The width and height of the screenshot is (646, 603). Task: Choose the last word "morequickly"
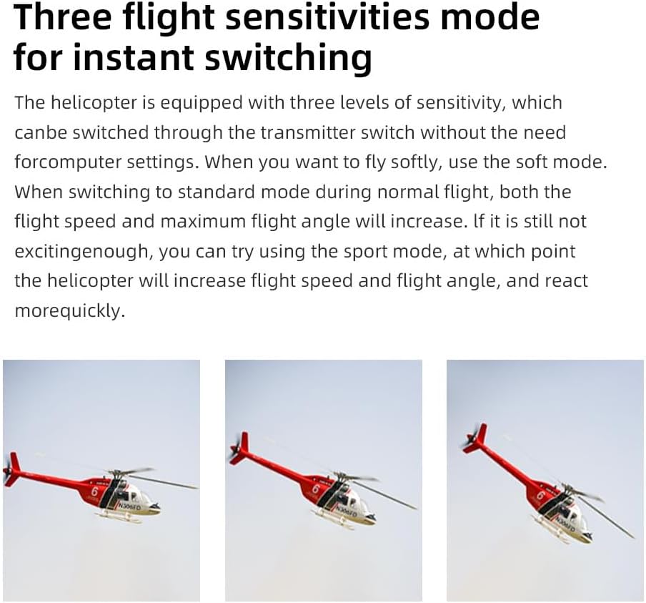69,311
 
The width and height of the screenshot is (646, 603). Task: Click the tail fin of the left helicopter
12,469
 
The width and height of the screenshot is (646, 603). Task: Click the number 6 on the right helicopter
540,494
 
